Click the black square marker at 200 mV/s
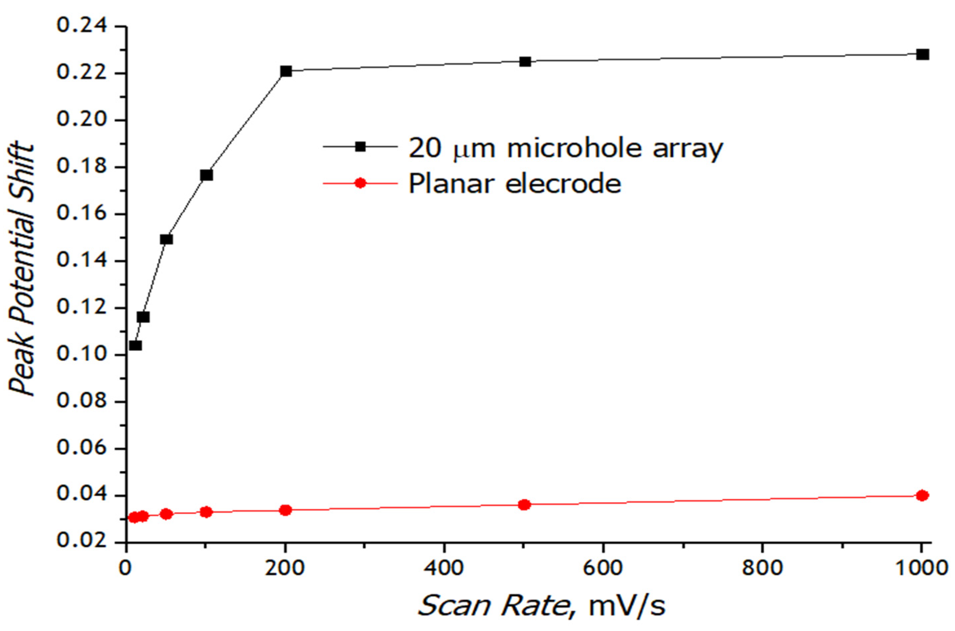tap(286, 72)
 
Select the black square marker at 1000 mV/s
tap(923, 54)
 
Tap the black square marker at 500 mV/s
tap(525, 62)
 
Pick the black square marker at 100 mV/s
tap(206, 175)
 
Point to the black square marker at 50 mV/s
tap(166, 239)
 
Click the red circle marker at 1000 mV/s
tap(923, 495)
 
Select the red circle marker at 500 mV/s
tap(524, 505)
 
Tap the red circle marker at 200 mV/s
tap(286, 510)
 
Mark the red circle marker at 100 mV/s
tap(206, 512)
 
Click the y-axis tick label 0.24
tap(83, 26)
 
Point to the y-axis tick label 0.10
tap(83, 355)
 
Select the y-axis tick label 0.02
tap(83, 542)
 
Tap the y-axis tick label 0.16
tap(83, 214)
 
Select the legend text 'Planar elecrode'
tap(515, 184)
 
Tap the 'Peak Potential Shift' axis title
tap(22, 269)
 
